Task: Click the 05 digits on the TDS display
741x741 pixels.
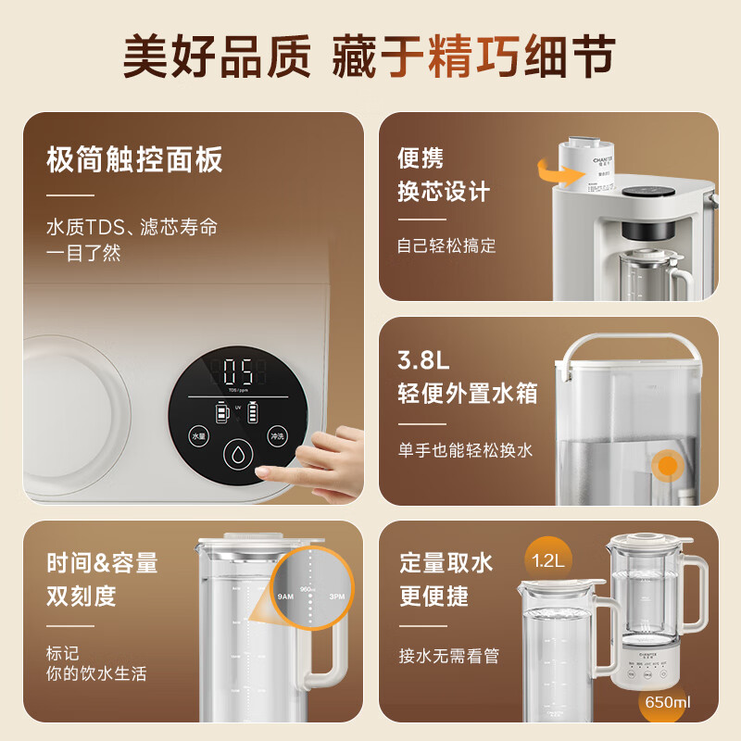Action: [239, 374]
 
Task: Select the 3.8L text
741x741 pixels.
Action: [424, 358]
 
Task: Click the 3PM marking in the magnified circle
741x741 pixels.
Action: [336, 596]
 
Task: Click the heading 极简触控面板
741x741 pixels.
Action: [134, 159]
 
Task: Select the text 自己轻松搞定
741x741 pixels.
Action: [446, 245]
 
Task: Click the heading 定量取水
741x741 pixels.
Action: [446, 562]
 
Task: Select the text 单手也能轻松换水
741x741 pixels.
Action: [465, 450]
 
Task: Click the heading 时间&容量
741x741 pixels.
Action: [102, 562]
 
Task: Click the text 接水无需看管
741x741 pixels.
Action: [449, 655]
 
